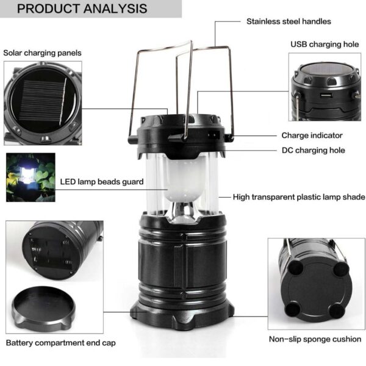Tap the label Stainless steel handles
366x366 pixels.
289,21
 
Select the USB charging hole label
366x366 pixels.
324,45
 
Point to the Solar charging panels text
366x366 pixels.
42,53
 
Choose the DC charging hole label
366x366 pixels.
313,150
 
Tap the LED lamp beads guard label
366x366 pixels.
102,182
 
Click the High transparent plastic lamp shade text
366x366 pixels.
299,197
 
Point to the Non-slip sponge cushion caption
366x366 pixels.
315,339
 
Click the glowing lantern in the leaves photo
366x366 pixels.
30,177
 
